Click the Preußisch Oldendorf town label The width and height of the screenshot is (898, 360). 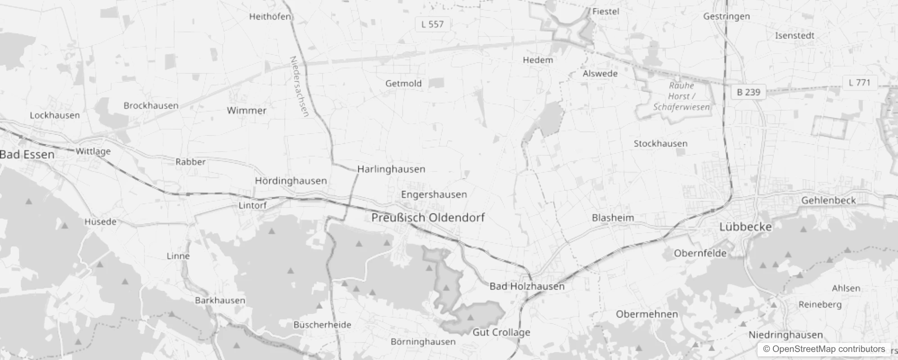pos(428,217)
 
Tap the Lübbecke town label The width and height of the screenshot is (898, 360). pos(745,227)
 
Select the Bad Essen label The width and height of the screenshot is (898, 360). pos(27,155)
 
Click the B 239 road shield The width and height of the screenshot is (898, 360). pos(748,92)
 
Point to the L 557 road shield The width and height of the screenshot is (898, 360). pos(432,24)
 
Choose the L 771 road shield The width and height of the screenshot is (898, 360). pos(859,83)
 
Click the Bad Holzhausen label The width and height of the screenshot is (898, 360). pos(526,286)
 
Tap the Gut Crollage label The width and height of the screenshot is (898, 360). pos(501,333)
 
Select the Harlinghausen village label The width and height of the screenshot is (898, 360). pos(391,169)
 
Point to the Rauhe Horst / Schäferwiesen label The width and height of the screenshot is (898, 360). pos(681,96)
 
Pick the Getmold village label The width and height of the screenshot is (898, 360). pos(403,83)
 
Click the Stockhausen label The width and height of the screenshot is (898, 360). pos(660,144)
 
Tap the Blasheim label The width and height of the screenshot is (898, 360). pos(612,218)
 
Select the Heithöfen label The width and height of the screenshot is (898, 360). pos(270,17)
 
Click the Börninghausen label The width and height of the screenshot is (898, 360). pos(423,342)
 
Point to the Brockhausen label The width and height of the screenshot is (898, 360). pos(151,106)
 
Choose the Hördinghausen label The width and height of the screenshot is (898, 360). pos(291,181)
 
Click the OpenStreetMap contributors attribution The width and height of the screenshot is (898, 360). pos(823,349)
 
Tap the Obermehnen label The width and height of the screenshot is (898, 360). pos(647,315)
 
